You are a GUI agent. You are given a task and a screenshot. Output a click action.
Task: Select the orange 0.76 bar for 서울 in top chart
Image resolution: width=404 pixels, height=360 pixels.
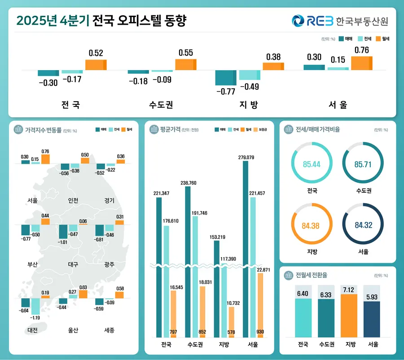[x=361, y=63]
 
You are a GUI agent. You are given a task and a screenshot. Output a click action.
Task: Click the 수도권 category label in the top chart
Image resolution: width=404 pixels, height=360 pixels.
[x=161, y=105]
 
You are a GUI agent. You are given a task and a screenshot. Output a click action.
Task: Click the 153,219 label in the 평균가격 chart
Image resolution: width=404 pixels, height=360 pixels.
[x=216, y=237]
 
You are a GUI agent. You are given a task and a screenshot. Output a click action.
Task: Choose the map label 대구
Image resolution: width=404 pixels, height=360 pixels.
[x=73, y=265]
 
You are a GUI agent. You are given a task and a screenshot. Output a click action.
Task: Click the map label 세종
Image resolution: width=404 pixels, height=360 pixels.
[x=109, y=330]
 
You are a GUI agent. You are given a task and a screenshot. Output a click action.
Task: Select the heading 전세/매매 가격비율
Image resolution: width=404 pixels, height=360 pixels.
[x=318, y=129]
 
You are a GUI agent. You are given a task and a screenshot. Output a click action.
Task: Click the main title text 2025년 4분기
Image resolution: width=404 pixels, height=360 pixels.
[x=52, y=21]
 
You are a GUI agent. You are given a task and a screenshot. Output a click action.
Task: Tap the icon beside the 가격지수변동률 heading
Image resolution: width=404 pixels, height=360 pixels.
[x=19, y=129]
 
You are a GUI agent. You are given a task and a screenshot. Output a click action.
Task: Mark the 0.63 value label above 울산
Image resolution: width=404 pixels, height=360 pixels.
[x=83, y=287]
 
